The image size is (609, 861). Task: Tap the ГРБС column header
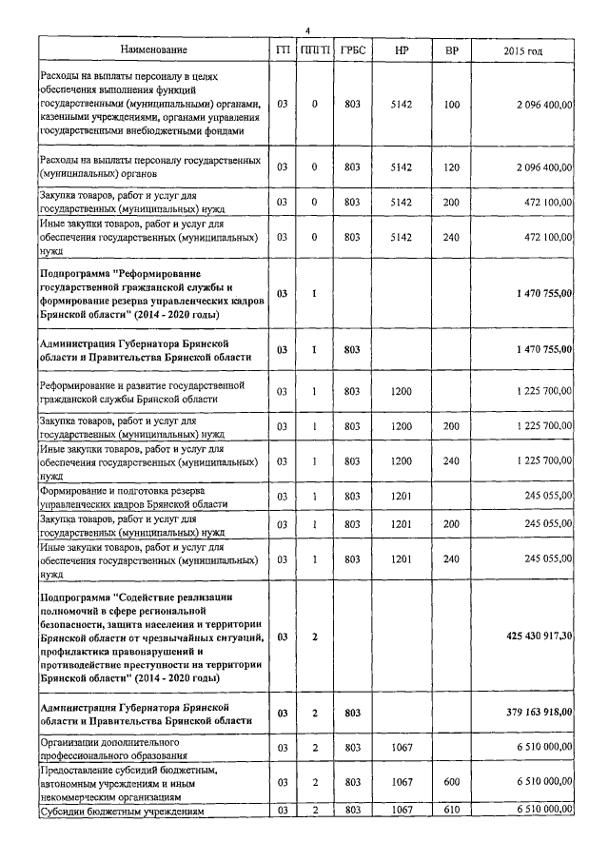(351, 49)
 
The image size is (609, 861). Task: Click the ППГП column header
(314, 49)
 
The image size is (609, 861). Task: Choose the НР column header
(402, 49)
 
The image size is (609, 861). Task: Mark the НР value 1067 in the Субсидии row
(402, 809)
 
